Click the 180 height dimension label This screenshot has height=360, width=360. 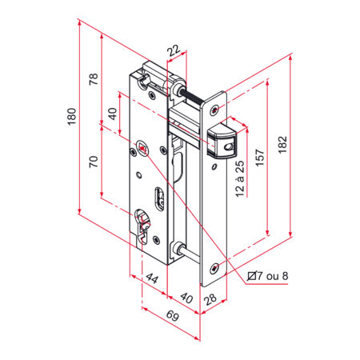pyautogui.click(x=71, y=117)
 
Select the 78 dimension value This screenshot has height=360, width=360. pyautogui.click(x=94, y=79)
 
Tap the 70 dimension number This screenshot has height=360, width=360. pyautogui.click(x=94, y=162)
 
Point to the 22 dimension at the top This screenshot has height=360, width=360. pyautogui.click(x=174, y=50)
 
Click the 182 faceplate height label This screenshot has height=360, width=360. pyautogui.click(x=282, y=145)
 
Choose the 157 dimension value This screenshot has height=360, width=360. pyautogui.click(x=260, y=158)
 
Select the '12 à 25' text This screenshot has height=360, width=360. pyautogui.click(x=240, y=178)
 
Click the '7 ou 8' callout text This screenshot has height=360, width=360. pyautogui.click(x=273, y=276)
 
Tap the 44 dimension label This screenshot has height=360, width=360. pyautogui.click(x=152, y=278)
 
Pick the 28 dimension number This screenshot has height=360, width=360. pyautogui.click(x=210, y=299)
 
